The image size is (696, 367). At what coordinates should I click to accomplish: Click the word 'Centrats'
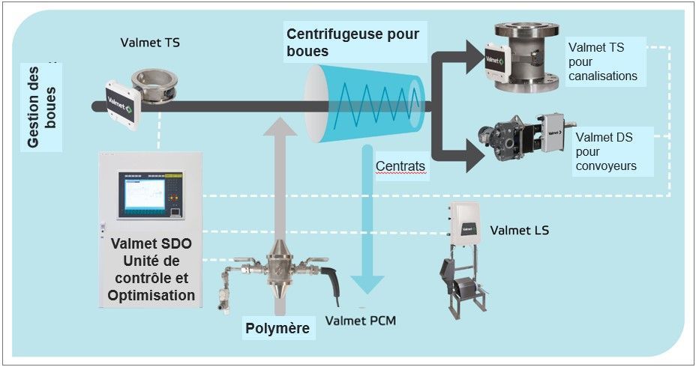(x=400, y=166)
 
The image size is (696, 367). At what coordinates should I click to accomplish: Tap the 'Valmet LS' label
(x=519, y=230)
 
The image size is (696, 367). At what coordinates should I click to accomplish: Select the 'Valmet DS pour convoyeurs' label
(x=606, y=151)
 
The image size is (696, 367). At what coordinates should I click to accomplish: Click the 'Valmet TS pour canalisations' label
(x=603, y=61)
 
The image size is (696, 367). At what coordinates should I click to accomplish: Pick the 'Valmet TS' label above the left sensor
(x=150, y=43)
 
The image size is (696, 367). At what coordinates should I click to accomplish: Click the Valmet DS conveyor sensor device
(x=525, y=139)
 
